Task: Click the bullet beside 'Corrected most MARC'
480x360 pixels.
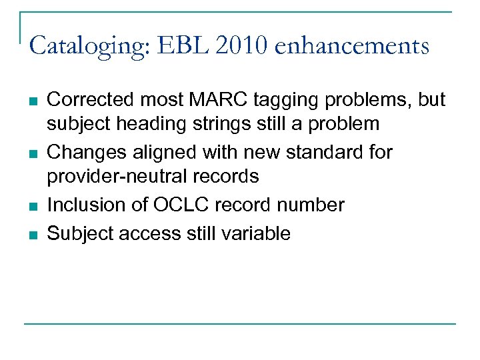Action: point(33,100)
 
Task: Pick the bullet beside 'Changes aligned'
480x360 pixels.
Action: point(33,153)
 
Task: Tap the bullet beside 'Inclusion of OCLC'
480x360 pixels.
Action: point(33,206)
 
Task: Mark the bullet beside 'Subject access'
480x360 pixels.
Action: point(33,234)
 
